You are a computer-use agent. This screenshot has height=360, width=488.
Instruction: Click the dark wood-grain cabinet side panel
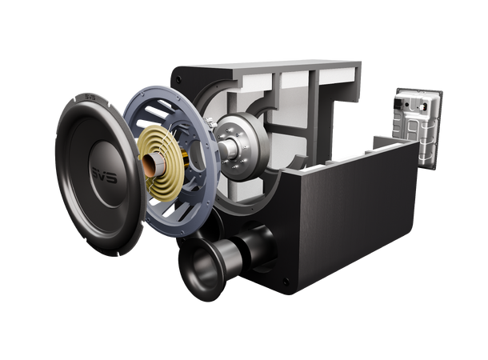click(360, 216)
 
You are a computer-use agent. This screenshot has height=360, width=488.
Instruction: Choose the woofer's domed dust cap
click(102, 170)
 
